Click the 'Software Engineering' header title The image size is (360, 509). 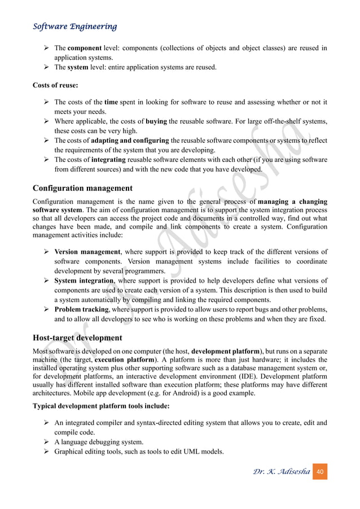point(74,27)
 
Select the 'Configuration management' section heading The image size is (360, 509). point(82,188)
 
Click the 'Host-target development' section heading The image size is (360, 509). point(77,338)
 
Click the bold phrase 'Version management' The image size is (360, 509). point(87,252)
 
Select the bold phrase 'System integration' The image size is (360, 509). point(84,281)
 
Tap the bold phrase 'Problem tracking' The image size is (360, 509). point(81,310)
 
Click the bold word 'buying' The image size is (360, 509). point(156,121)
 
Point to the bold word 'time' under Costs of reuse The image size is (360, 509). point(111,102)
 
